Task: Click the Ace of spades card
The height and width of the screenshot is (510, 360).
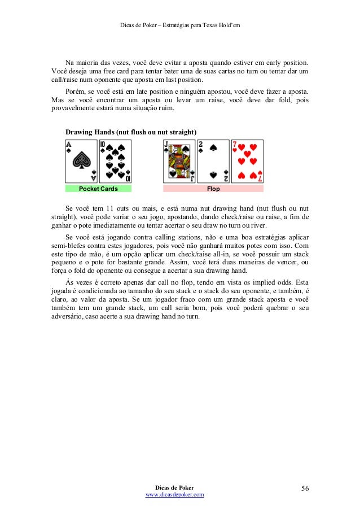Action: pyautogui.click(x=82, y=161)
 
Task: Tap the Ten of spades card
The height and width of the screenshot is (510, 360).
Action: pyautogui.click(x=115, y=161)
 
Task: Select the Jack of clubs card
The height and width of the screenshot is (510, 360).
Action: pyautogui.click(x=179, y=161)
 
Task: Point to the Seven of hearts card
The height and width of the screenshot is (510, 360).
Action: pyautogui.click(x=247, y=161)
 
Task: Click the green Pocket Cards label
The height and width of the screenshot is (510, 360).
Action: pyautogui.click(x=98, y=189)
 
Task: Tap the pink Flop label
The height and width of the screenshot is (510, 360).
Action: pyautogui.click(x=213, y=189)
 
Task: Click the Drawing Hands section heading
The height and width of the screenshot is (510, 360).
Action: pyautogui.click(x=131, y=132)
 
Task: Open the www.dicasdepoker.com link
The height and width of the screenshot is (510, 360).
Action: pyautogui.click(x=174, y=494)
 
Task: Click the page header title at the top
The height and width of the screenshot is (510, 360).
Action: pyautogui.click(x=181, y=24)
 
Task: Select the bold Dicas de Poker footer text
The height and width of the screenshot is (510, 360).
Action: pyautogui.click(x=174, y=487)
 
